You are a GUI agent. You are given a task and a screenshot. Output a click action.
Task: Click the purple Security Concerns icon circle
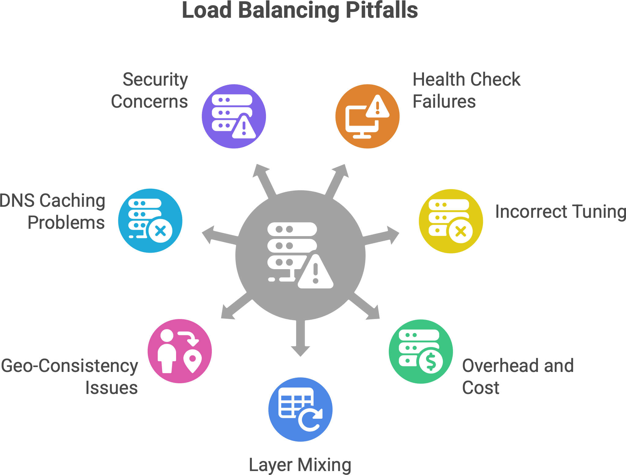coord(234,116)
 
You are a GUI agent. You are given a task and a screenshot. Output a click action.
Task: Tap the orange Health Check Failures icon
coord(367,116)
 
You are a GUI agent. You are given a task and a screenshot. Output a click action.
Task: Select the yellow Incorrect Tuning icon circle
coord(451,221)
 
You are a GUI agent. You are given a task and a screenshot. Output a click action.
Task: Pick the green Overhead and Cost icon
coord(421,351)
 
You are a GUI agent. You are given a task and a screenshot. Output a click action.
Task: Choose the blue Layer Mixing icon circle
coord(300,409)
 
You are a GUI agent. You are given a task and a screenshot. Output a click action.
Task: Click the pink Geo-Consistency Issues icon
coord(180,351)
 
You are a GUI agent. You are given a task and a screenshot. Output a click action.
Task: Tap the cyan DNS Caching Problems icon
coord(150,221)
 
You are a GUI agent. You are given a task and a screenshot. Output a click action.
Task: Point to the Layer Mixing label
coord(300,465)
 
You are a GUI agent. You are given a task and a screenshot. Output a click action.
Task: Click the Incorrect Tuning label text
coord(560,212)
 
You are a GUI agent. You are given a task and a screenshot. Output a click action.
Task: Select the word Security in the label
coord(155,80)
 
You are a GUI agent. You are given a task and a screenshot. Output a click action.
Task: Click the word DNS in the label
coord(17,201)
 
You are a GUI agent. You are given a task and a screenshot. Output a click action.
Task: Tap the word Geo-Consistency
coord(70,366)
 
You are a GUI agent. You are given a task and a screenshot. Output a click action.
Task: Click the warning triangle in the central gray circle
coord(315,272)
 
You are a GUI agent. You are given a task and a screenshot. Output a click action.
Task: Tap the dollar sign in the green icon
coord(431,362)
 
